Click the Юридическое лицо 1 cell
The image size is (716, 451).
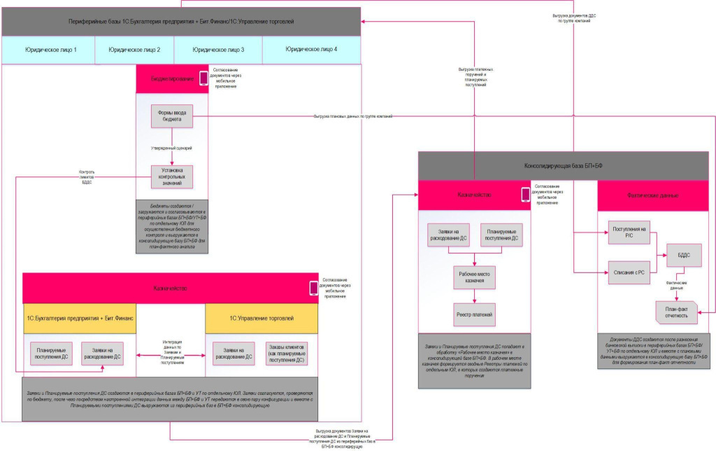pyautogui.click(x=50, y=50)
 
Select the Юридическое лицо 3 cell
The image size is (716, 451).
pyautogui.click(x=218, y=50)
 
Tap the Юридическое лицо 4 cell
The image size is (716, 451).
pyautogui.click(x=311, y=50)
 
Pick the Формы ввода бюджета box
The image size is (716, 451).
pyautogui.click(x=172, y=116)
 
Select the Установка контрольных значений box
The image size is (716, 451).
pyautogui.click(x=172, y=176)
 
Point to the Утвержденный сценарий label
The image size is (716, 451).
pyautogui.click(x=172, y=148)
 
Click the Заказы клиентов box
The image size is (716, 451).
pyautogui.click(x=287, y=353)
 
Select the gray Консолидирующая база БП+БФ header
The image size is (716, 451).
pyautogui.click(x=566, y=167)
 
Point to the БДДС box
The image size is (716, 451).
pyautogui.click(x=682, y=255)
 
